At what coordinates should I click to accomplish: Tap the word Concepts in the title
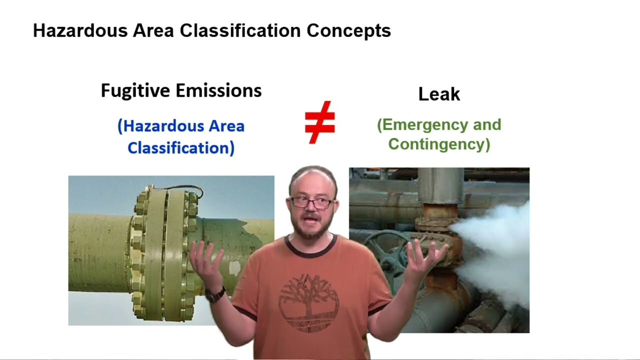348,31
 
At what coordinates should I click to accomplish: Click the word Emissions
218,91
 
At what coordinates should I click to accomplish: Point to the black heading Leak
439,94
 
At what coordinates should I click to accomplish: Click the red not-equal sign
319,122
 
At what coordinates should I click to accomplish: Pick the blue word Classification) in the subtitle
181,148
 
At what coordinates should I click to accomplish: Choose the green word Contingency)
439,144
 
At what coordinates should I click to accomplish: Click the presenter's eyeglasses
311,203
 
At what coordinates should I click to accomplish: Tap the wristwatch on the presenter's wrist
215,295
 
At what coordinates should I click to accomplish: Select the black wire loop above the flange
185,189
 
